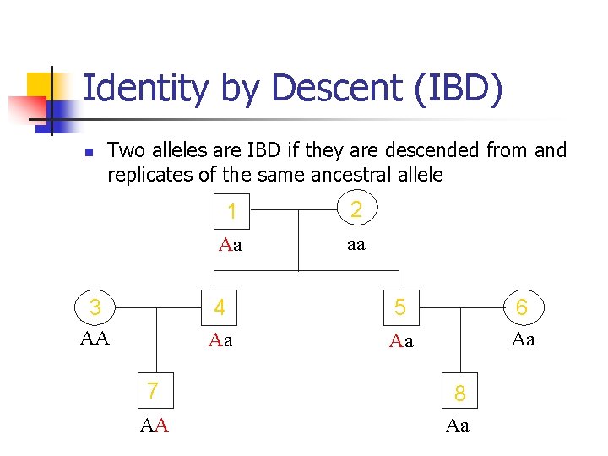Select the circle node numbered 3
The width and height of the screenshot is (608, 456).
point(95,307)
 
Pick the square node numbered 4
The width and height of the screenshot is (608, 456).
point(220,307)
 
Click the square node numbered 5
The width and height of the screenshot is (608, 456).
point(400,307)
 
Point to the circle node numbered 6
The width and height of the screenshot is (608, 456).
point(521,307)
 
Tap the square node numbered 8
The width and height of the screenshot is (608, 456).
point(459,392)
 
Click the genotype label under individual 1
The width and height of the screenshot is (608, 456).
point(231,246)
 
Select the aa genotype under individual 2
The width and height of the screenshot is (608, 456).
point(356,244)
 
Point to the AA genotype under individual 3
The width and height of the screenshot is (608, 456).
point(95,339)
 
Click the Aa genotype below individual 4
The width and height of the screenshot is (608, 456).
point(220,340)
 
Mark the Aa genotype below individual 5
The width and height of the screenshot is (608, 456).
point(401,341)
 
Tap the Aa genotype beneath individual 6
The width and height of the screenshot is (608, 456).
point(524,339)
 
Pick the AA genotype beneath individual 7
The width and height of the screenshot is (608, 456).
point(155,426)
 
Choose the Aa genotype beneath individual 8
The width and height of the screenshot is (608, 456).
point(458,426)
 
